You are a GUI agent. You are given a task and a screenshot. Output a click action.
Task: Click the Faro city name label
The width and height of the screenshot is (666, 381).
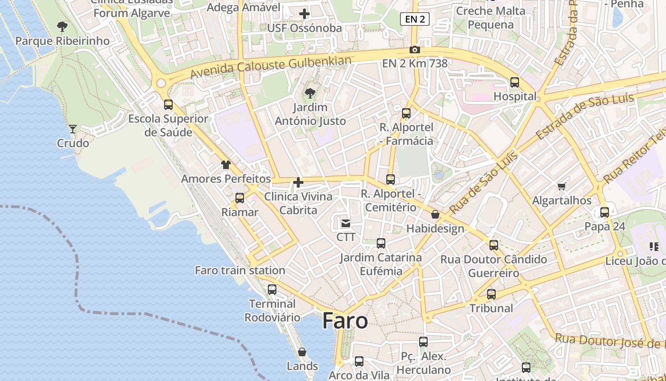[x=345, y=321]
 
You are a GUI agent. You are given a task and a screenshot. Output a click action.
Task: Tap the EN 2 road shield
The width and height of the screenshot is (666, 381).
[x=415, y=19]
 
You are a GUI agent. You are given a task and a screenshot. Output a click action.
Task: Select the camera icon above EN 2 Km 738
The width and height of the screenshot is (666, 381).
[x=415, y=50]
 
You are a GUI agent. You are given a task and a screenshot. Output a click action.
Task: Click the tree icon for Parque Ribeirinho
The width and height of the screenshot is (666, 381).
[x=62, y=26]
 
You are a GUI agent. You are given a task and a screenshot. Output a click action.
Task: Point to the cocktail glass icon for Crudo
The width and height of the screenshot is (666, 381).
[x=72, y=129]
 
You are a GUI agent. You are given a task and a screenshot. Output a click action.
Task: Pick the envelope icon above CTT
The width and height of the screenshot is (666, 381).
[x=346, y=223]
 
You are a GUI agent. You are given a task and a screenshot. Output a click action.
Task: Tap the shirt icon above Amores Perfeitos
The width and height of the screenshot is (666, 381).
[x=226, y=165]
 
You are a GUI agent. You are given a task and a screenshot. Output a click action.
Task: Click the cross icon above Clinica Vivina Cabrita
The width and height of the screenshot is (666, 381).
[x=298, y=182]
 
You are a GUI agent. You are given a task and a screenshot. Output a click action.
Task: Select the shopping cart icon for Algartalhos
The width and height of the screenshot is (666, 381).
[x=562, y=186]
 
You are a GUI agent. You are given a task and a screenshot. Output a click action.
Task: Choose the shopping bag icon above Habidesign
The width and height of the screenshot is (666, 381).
[x=435, y=215]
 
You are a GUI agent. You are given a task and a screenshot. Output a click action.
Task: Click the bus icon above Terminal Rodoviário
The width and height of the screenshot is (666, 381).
[x=272, y=289]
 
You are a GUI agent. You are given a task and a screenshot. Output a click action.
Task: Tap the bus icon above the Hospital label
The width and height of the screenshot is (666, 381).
[x=515, y=82]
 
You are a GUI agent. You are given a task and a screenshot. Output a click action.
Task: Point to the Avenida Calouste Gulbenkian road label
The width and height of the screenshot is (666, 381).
[x=271, y=67]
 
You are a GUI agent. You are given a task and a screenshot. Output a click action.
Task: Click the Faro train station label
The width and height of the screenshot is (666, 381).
[x=240, y=271]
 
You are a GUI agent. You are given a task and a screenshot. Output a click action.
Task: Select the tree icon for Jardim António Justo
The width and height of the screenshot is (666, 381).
[x=310, y=93]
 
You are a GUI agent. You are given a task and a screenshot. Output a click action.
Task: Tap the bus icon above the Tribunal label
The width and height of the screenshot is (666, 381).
[x=491, y=294]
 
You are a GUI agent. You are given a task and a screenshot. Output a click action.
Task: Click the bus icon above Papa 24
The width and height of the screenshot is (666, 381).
[x=605, y=212]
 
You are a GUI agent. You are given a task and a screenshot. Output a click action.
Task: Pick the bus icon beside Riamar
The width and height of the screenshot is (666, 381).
[x=240, y=198]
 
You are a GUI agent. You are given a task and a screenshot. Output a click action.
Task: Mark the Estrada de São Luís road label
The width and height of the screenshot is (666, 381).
[x=585, y=116]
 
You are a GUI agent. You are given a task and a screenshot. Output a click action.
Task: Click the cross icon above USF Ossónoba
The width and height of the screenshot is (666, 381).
[x=304, y=14]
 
